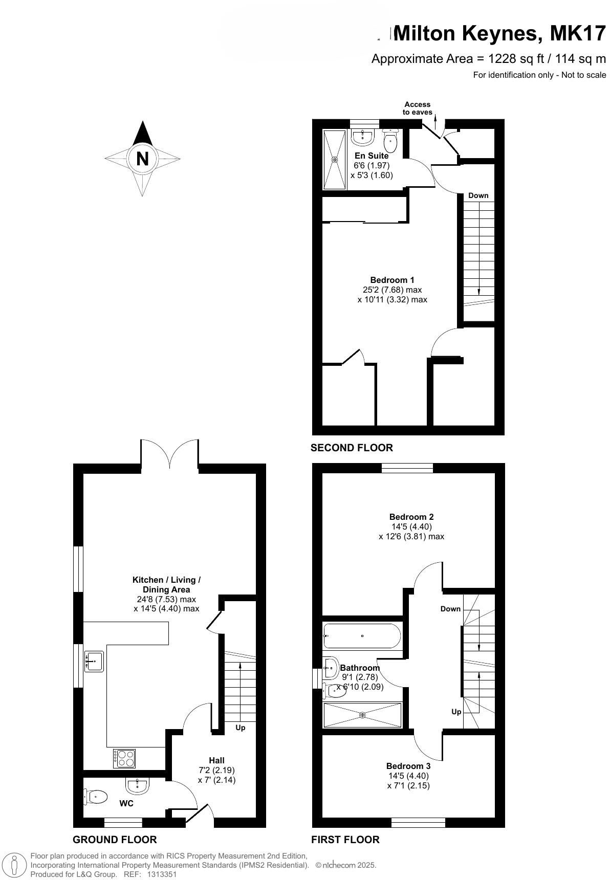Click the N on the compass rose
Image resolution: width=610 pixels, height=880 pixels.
[142, 159]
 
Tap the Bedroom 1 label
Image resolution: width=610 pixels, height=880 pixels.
[392, 280]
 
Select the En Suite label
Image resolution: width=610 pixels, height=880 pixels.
[372, 156]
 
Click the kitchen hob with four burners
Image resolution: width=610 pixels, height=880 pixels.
[125, 758]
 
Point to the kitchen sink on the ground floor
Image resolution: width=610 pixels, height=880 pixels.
[94, 661]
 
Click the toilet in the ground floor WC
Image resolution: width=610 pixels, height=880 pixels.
[96, 797]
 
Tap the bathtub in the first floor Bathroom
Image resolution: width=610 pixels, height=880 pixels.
[362, 636]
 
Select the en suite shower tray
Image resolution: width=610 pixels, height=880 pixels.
[335, 160]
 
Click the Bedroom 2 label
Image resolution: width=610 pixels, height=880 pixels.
[411, 517]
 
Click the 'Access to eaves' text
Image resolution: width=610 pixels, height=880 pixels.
[418, 108]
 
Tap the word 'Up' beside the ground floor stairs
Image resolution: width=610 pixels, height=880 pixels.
[241, 728]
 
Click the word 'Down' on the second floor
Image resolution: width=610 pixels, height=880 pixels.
[478, 195]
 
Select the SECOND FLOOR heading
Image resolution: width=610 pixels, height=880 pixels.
[352, 448]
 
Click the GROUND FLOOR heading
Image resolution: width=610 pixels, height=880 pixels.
[115, 840]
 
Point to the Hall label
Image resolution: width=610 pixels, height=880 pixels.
[216, 760]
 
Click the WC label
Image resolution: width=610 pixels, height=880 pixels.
[126, 803]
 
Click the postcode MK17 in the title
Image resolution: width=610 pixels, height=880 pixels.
[578, 34]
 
